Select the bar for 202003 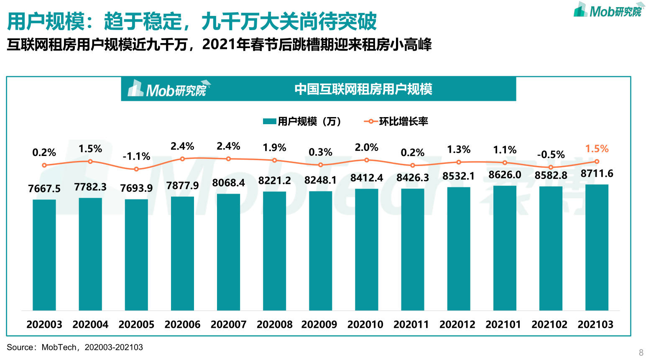coord(44,255)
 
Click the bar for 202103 coord(597,247)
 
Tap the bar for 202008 coord(274,251)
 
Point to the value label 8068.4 coord(228,183)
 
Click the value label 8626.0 coord(505,175)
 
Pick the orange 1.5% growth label coord(597,149)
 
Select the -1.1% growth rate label coord(136,156)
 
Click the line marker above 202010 coord(367,160)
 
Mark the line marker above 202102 coord(551,167)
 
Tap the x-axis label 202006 coord(182,324)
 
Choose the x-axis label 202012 coord(457,324)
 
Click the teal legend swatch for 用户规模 coord(269,122)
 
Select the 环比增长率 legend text coord(403,122)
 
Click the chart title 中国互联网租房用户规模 coord(363,89)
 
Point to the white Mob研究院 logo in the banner coord(168,89)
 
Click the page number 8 coord(641,352)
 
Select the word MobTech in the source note coord(59,347)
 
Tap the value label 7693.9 coord(136,188)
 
